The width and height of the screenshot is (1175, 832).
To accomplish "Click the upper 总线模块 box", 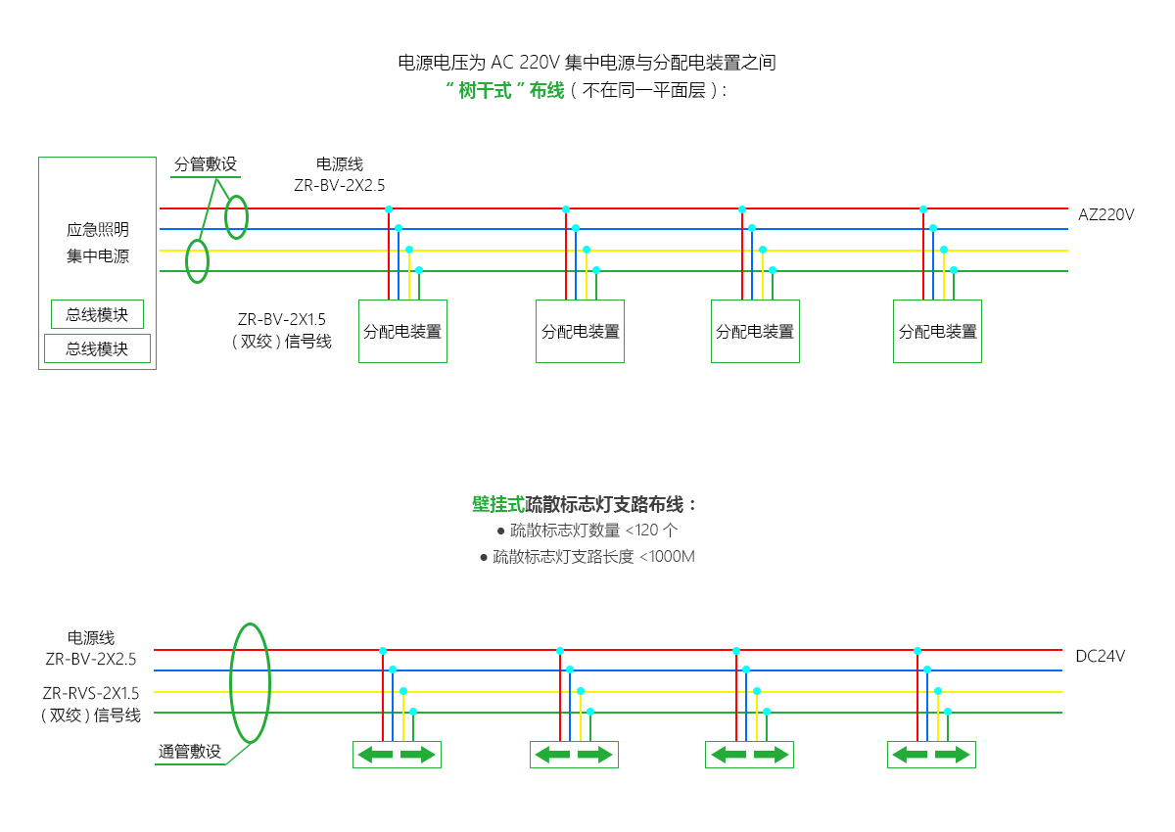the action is [x=97, y=314].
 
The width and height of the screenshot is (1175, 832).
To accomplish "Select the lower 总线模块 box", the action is [x=97, y=348].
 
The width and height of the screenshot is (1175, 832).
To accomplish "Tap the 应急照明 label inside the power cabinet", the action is [x=98, y=229].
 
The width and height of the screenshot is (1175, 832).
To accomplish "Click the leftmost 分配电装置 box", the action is [x=402, y=331].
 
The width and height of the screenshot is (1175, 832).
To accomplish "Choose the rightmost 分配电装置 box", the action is [x=937, y=331].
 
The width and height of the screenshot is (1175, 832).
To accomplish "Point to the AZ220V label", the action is [x=1105, y=214].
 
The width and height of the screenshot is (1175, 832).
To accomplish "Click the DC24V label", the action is [x=1100, y=656].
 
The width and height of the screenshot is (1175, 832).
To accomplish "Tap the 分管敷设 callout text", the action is [x=206, y=164].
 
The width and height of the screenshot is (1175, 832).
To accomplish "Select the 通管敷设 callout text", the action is [x=190, y=752].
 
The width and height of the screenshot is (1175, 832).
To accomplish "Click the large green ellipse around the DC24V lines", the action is [x=231, y=683].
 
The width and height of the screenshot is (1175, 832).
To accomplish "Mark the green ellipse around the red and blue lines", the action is [x=225, y=217].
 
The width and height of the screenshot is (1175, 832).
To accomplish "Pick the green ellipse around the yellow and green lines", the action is [x=187, y=261].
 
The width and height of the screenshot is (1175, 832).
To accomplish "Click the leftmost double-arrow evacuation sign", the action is [x=397, y=755].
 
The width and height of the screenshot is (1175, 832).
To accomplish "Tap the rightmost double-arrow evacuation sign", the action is [x=931, y=755].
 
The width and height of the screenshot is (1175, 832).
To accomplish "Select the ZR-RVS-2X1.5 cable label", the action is [x=91, y=693].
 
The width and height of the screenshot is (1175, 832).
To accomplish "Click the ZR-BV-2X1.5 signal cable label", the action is [x=282, y=319].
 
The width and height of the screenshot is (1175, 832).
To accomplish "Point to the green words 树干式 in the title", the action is [x=485, y=91].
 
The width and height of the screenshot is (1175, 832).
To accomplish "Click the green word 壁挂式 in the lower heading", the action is [x=498, y=504].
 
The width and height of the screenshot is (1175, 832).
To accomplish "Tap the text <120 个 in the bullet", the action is [x=651, y=530].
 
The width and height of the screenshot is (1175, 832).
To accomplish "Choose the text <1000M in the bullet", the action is [x=667, y=556].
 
